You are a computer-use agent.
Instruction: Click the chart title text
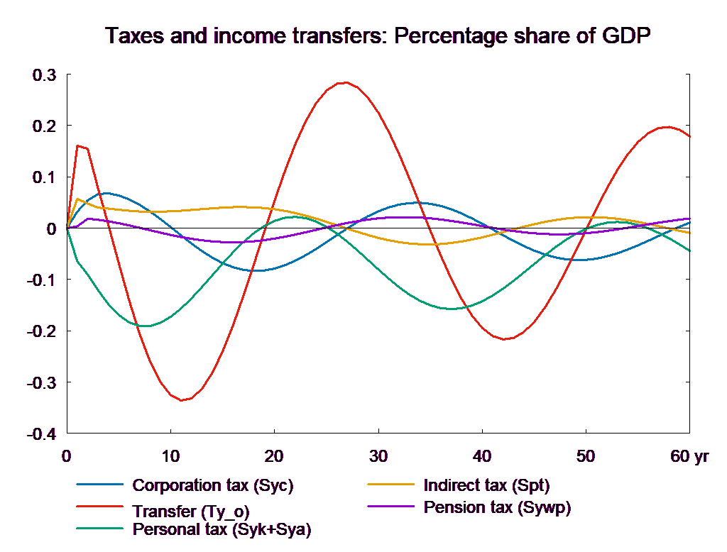[x=378, y=36]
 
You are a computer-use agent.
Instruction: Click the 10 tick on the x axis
[x=170, y=456]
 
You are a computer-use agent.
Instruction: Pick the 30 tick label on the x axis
[x=378, y=456]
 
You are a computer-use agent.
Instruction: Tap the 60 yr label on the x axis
[x=689, y=456]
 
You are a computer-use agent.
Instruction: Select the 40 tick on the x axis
[x=481, y=456]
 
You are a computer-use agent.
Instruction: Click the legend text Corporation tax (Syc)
[x=212, y=486]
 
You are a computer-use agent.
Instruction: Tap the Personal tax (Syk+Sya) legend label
[x=222, y=529]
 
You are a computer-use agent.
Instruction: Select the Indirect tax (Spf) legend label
[x=486, y=486]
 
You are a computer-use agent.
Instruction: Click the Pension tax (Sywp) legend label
[x=497, y=507]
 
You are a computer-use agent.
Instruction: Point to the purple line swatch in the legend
[x=390, y=507]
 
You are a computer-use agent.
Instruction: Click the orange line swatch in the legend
[x=390, y=485]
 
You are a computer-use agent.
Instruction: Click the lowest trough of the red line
[x=183, y=400]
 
